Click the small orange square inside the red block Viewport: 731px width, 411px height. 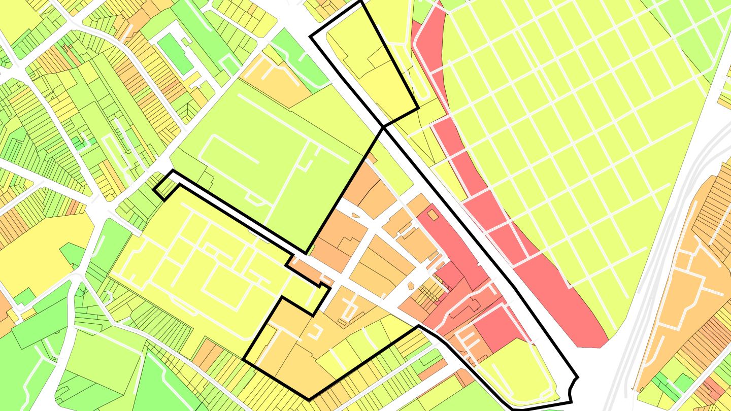point(433,216)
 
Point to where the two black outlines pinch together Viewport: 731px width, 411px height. point(383,127)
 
